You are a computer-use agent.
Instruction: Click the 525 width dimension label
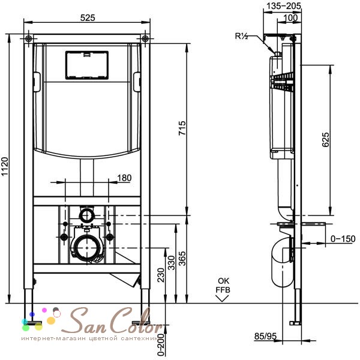[88, 18]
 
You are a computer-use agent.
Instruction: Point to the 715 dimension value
[182, 129]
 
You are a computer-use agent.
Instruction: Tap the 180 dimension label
[124, 178]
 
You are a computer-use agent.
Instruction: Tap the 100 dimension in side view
[292, 18]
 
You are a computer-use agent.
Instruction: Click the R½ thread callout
[242, 36]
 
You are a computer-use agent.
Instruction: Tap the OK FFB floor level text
[223, 284]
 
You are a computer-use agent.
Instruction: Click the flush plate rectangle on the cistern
[87, 65]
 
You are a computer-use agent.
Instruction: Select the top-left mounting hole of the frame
[29, 39]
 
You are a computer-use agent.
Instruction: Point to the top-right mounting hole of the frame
[146, 39]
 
